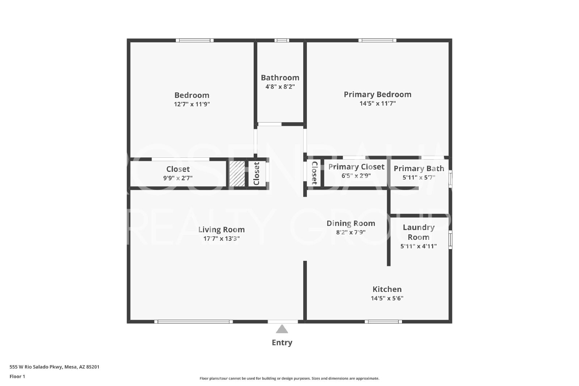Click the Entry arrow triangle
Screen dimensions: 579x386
click(x=282, y=330)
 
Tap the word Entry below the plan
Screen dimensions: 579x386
click(x=282, y=343)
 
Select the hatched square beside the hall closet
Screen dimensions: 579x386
click(x=237, y=174)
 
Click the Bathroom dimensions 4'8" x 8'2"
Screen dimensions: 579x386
click(x=280, y=86)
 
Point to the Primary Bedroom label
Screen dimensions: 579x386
click(x=378, y=94)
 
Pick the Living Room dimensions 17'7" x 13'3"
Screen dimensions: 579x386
click(x=221, y=238)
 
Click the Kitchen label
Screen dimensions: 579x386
click(x=387, y=289)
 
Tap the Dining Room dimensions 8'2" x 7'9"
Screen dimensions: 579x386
click(x=351, y=232)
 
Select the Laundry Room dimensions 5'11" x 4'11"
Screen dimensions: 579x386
click(x=418, y=246)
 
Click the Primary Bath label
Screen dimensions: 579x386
click(x=419, y=169)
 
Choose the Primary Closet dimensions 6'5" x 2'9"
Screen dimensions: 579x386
click(x=356, y=176)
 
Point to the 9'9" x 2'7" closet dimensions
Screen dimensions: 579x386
click(x=178, y=178)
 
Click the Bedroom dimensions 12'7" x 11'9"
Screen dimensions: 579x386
click(x=192, y=104)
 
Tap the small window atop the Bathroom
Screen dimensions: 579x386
click(x=282, y=40)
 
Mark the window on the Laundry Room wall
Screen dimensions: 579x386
click(x=450, y=240)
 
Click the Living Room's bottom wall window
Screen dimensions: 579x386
click(x=194, y=322)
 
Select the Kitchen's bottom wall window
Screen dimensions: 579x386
click(x=383, y=322)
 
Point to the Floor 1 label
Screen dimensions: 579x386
click(x=17, y=377)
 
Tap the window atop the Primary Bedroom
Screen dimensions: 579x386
click(x=377, y=40)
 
